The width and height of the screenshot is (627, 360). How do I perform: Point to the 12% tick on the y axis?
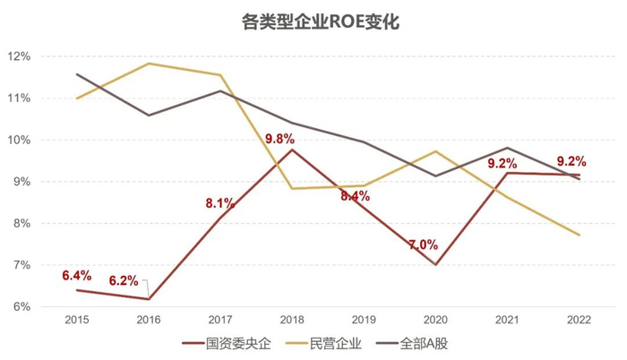19,56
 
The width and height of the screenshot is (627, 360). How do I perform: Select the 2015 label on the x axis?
77,319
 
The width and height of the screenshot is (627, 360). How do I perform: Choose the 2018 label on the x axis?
292,319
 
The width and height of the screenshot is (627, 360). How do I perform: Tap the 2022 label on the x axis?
580,319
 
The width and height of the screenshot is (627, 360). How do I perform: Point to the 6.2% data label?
124,281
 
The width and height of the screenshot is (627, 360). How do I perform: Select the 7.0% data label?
423,244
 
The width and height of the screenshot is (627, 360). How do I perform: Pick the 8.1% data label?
221,202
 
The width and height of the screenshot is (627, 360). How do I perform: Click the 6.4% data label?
77,275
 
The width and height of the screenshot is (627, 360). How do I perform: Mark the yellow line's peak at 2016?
149,64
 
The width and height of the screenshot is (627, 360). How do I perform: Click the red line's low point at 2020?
435,264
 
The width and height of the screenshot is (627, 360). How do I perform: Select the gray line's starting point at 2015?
77,74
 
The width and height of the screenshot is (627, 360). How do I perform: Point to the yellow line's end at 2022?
580,235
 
